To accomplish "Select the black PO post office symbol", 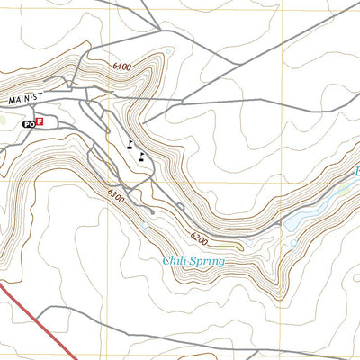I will coord(29,121).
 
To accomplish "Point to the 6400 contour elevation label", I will coord(121,67).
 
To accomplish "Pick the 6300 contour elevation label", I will coord(114,194).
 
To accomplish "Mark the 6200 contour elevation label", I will coord(199,238).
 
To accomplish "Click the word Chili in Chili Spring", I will coord(176,262).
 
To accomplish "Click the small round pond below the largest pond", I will coord(293,243).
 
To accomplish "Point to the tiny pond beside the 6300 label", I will coord(144,227).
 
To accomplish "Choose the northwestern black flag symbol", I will coord(131,143).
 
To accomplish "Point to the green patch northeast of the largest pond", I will coord(342,189).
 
